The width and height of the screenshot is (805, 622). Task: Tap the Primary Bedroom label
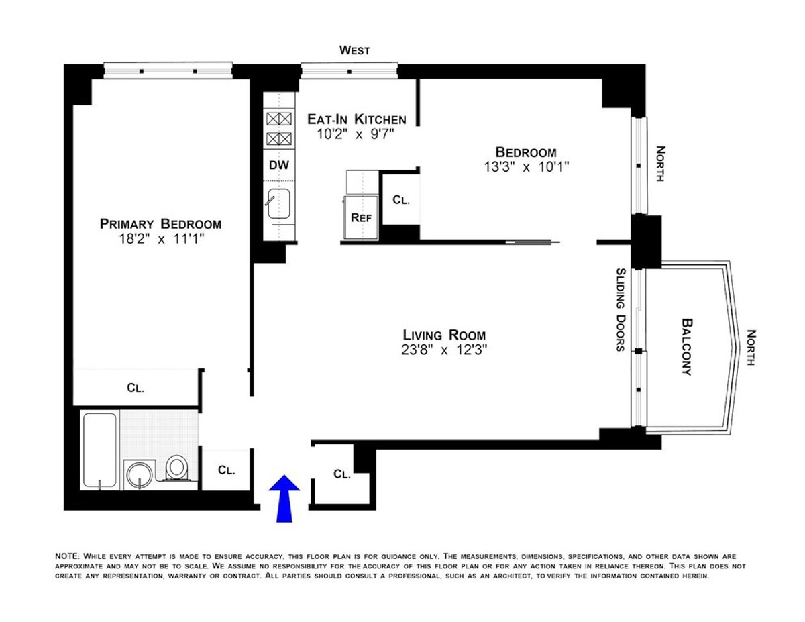point(160,224)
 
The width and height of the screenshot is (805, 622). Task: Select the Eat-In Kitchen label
point(356,119)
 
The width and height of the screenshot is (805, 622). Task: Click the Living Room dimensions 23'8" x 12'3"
point(444,349)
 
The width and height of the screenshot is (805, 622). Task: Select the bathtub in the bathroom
point(99,451)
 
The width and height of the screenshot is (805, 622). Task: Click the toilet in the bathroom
point(177,468)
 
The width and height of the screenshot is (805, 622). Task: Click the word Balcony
point(686,346)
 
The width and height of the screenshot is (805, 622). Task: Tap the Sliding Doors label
point(621,309)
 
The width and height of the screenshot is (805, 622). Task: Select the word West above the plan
point(354,50)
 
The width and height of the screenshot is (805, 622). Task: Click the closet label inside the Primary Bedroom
point(136,387)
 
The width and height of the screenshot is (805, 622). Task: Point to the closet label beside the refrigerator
point(400,200)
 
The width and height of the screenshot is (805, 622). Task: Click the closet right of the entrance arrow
point(341,474)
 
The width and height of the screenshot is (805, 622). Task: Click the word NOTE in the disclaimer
point(67,556)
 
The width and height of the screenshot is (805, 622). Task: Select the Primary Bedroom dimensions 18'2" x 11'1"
point(160,240)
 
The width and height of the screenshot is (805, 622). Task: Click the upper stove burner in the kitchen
point(279,119)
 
